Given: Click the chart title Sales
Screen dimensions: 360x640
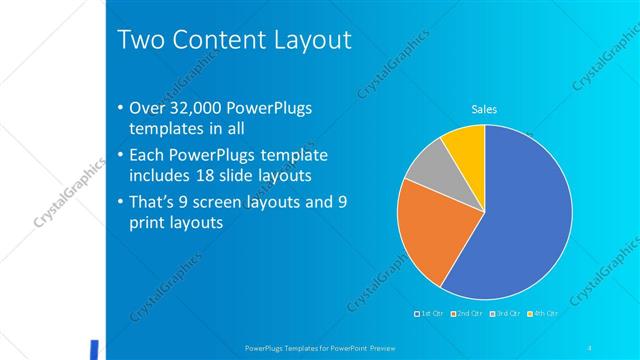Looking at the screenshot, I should click(484, 109).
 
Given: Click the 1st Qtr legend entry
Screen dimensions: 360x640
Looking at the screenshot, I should click(433, 314).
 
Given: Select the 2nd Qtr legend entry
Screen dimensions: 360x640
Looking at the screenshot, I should click(469, 314).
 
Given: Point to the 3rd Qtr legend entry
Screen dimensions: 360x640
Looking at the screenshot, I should click(506, 314).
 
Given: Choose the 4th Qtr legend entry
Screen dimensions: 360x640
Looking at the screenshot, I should click(542, 314).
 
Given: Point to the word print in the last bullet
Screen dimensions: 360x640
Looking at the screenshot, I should click(149, 223).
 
